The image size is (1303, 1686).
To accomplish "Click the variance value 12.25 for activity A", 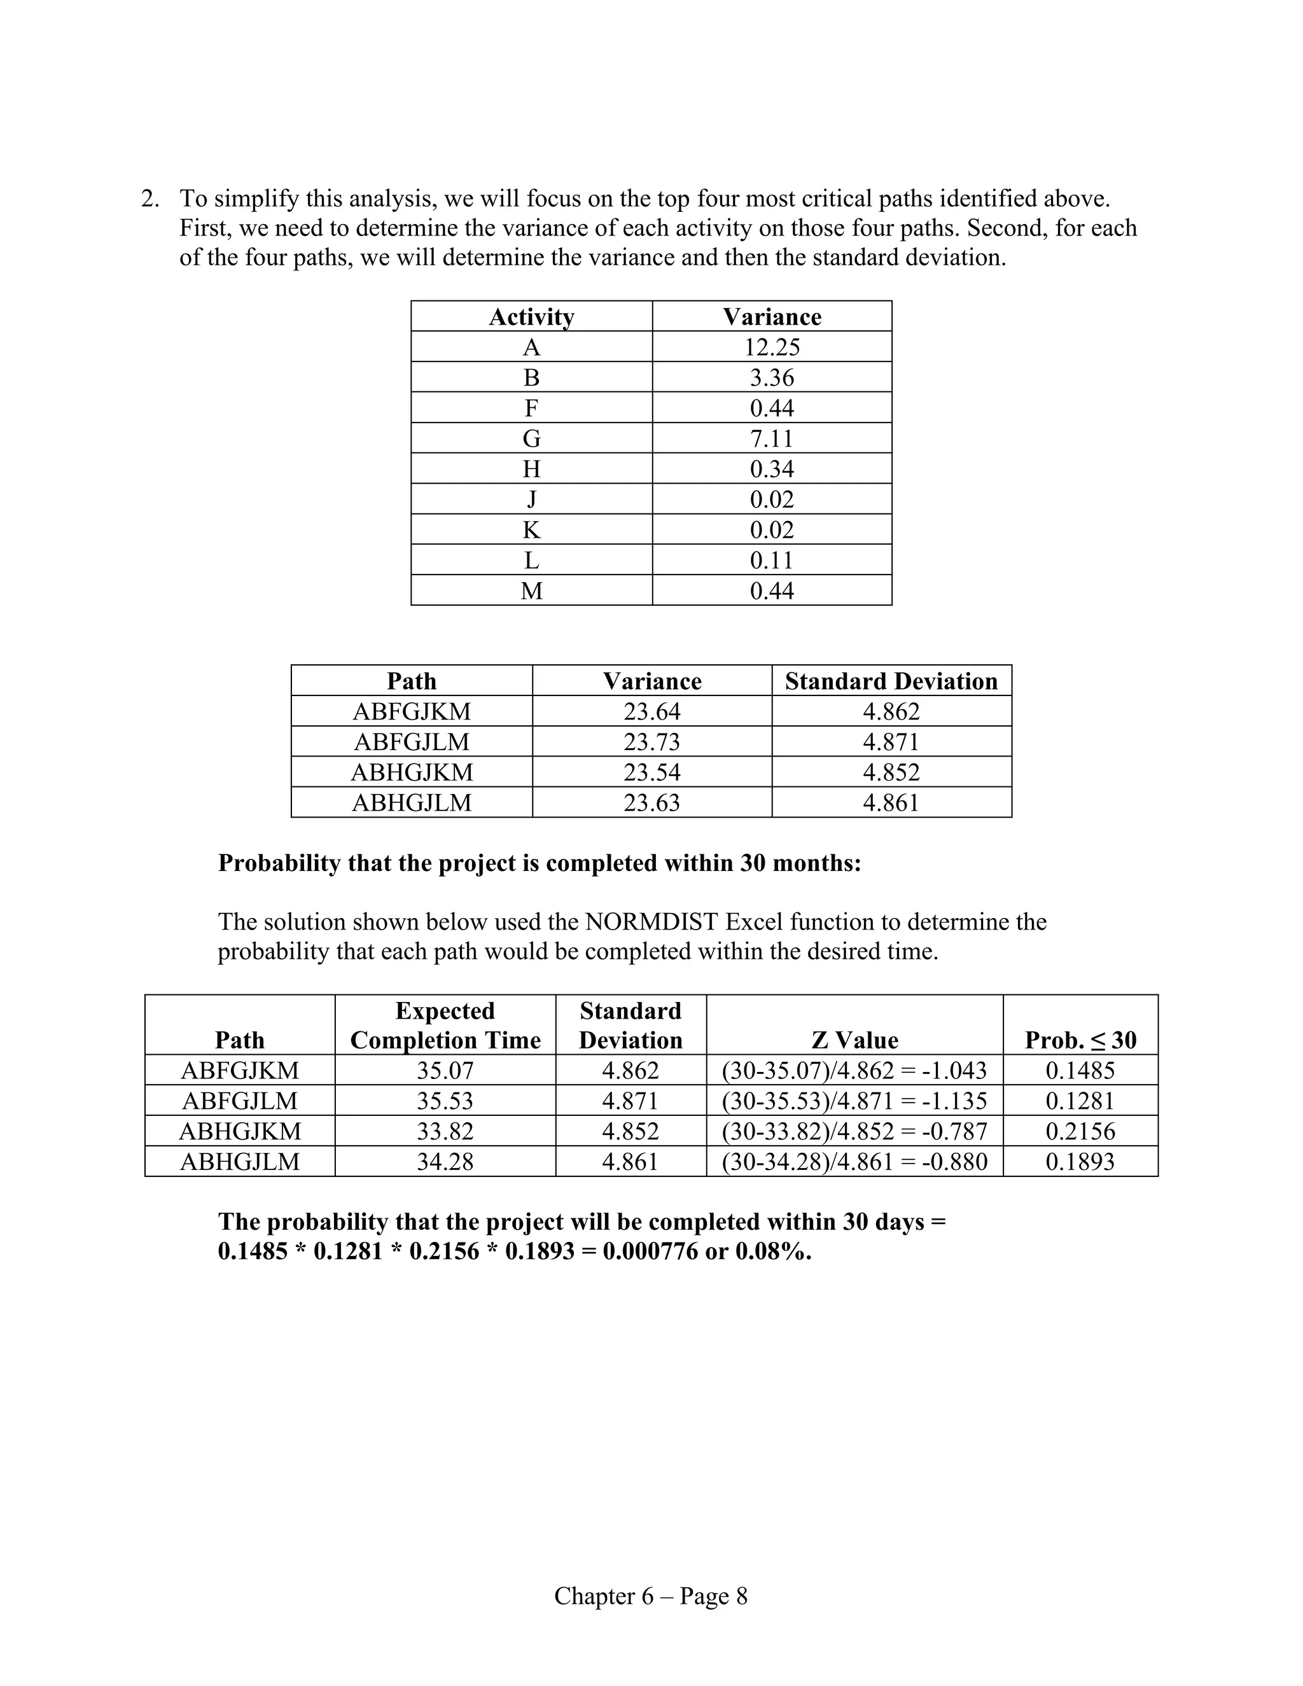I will tap(772, 347).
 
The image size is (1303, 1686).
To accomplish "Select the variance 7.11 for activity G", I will tap(772, 438).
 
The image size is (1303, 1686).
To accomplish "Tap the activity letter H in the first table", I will tap(531, 469).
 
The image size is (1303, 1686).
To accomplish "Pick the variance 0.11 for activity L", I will tap(772, 560).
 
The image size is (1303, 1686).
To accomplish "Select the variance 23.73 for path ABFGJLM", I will tap(651, 742).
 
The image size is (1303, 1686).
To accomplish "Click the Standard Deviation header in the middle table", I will tap(891, 681).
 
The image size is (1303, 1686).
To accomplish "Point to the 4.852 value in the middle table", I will tap(891, 772).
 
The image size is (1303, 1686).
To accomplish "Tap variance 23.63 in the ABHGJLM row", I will tap(651, 803).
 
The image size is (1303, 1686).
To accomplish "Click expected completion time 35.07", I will tap(445, 1071).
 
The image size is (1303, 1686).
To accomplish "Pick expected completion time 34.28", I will tap(445, 1162).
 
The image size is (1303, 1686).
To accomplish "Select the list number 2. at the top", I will tap(151, 199).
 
